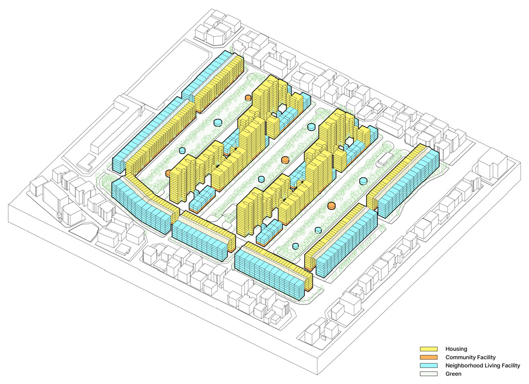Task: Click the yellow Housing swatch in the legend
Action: [428, 349]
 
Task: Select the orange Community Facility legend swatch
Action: [428, 357]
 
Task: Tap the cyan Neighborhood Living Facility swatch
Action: [428, 365]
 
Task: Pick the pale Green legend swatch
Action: [428, 374]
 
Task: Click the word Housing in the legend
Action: [456, 349]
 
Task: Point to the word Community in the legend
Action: [459, 357]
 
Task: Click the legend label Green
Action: [453, 374]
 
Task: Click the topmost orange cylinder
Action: [248, 98]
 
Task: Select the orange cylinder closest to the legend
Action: [332, 206]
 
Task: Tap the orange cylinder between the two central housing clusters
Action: [285, 160]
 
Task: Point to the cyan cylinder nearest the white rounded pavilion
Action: [363, 181]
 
